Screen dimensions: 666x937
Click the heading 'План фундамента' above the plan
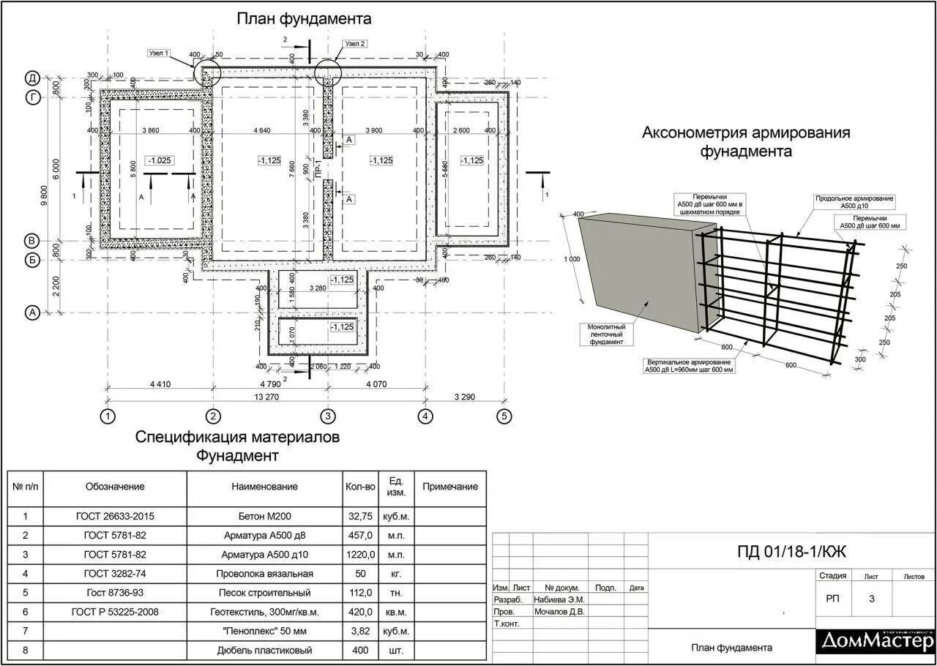[304, 18]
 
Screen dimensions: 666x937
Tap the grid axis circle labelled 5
[504, 416]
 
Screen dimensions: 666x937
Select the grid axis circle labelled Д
[33, 78]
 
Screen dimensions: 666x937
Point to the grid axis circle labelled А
[32, 313]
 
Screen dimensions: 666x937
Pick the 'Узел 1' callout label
[159, 53]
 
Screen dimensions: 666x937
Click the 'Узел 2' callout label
[354, 44]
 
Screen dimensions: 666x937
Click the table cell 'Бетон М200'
[264, 516]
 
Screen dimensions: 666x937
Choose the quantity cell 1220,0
[360, 554]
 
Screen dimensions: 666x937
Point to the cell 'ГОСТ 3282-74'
[115, 573]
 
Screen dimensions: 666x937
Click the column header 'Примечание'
[450, 486]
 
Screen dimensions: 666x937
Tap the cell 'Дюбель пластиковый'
[264, 650]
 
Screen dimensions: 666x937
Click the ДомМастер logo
[876, 640]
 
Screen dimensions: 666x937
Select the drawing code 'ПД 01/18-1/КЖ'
[791, 551]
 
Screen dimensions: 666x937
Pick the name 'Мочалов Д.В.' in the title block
[559, 611]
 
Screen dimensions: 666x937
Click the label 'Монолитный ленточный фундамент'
[606, 334]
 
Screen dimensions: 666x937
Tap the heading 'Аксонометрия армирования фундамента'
[746, 142]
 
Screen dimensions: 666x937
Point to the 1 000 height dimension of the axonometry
[572, 258]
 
